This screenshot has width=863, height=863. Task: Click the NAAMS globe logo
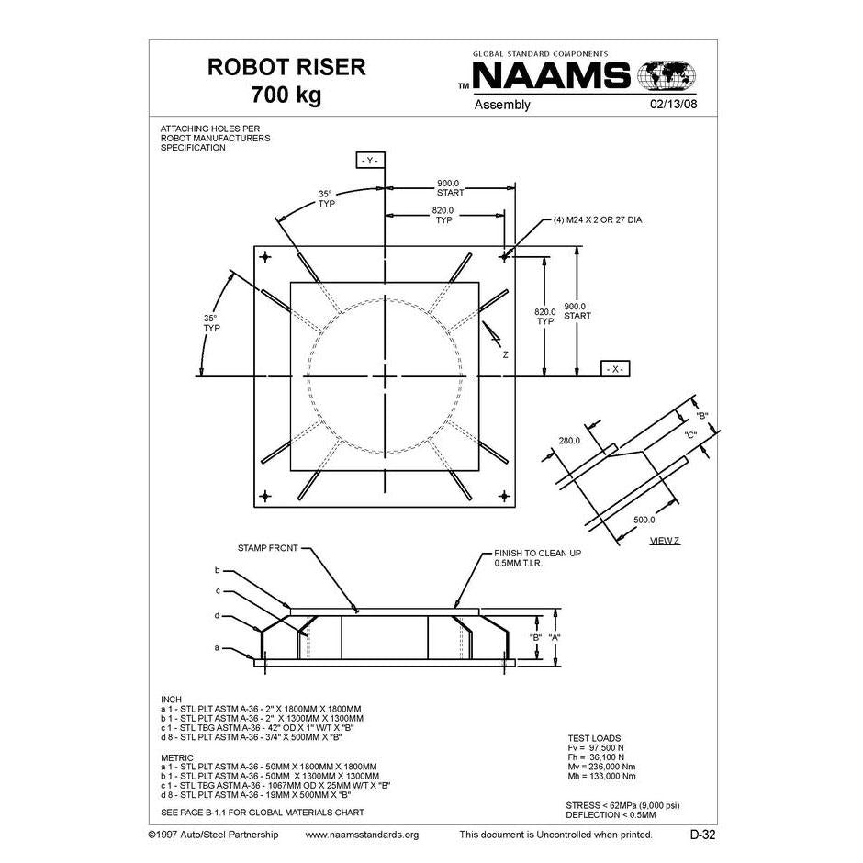(667, 74)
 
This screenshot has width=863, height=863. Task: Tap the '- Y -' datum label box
(370, 161)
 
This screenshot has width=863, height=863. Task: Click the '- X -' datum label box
(615, 368)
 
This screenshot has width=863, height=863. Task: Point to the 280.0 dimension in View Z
(570, 441)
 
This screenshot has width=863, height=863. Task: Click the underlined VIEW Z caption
(664, 540)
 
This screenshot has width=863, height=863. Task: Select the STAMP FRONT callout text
(267, 548)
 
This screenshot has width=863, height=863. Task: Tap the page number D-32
(702, 835)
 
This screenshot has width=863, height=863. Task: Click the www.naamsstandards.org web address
(361, 835)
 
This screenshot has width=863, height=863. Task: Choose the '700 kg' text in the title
(286, 95)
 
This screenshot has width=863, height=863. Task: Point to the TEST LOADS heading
(594, 738)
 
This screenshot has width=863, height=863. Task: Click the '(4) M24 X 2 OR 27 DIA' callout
(599, 220)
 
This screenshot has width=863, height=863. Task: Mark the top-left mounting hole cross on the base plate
(266, 256)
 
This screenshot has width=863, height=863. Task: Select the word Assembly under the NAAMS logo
(502, 105)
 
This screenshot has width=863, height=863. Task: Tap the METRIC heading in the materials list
(177, 758)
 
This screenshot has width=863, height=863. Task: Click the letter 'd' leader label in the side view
(218, 615)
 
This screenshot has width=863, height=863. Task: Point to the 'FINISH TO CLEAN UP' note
(537, 554)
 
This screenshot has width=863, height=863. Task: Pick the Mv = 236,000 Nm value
(600, 766)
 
